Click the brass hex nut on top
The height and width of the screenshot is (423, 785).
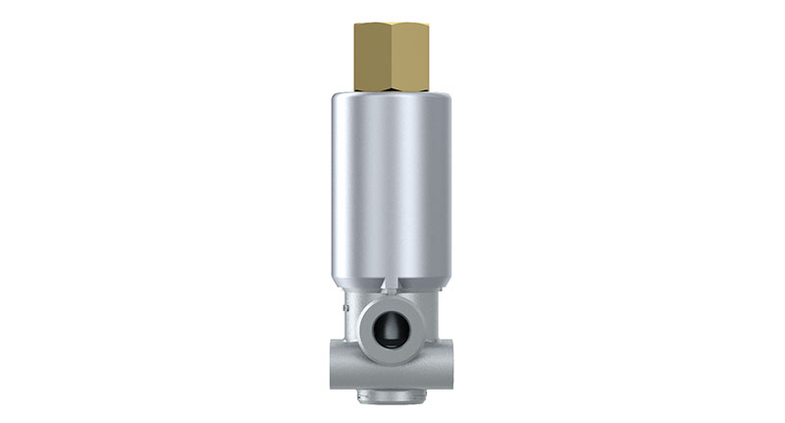(392, 55)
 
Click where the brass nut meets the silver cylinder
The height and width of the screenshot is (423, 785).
(392, 92)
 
